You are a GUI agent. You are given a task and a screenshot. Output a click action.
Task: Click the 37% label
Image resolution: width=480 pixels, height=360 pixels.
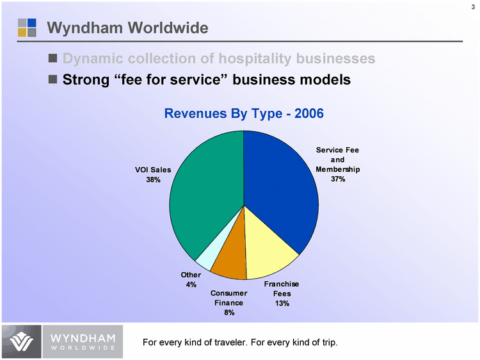(338, 179)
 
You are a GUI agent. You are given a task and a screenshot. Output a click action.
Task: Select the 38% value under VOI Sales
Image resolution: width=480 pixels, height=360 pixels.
(152, 180)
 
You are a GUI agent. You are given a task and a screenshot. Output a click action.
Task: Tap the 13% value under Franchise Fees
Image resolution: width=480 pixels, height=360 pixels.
(282, 303)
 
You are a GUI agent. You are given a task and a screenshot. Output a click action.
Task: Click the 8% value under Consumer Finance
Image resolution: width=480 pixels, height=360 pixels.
(229, 313)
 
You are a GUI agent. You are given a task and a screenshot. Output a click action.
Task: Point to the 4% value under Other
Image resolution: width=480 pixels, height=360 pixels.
(191, 284)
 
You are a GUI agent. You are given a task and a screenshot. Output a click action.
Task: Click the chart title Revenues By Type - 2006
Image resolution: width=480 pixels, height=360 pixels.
(244, 113)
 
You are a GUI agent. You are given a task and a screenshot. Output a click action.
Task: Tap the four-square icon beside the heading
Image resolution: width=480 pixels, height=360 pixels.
(27, 27)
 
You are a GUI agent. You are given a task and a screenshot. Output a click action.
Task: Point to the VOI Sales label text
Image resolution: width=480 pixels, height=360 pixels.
(152, 170)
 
